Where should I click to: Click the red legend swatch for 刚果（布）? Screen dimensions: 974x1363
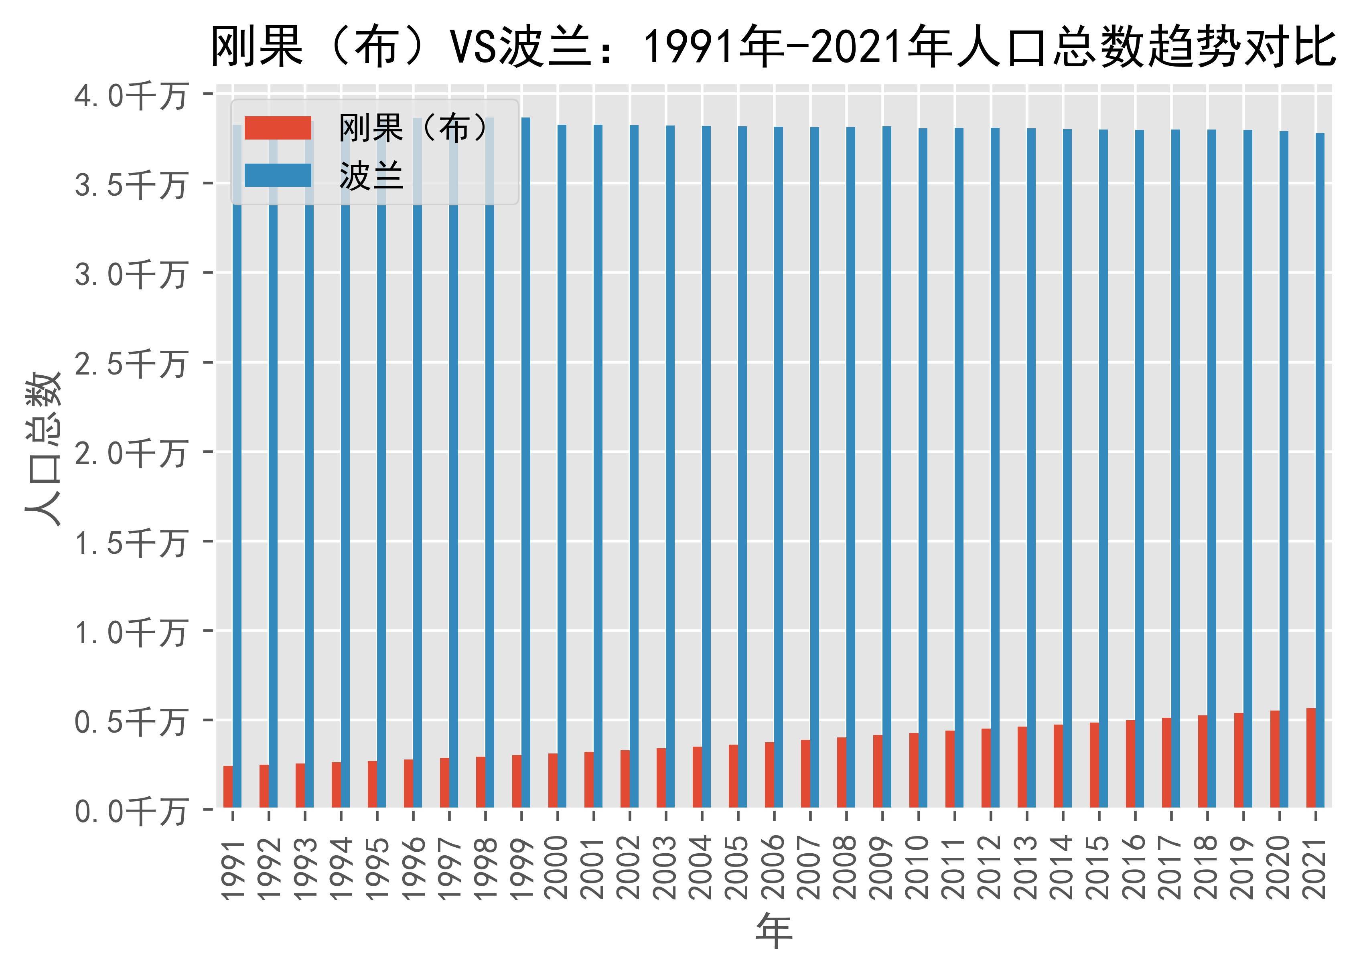pos(278,128)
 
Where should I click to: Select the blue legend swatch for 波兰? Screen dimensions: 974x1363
pos(278,175)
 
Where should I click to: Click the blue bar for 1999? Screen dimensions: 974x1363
pos(525,462)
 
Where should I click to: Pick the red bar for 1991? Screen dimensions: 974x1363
pos(228,786)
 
